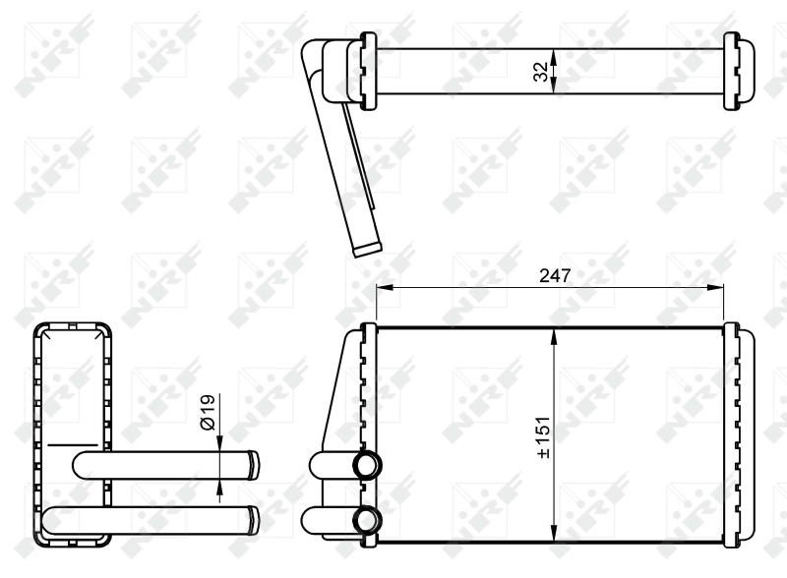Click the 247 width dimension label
pyautogui.click(x=555, y=275)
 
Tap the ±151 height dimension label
pyautogui.click(x=543, y=437)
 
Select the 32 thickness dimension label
pyautogui.click(x=540, y=72)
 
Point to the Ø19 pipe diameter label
pyautogui.click(x=208, y=413)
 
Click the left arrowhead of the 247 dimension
pyautogui.click(x=384, y=287)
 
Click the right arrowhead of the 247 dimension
pyautogui.click(x=716, y=287)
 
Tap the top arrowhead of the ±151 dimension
pyautogui.click(x=554, y=336)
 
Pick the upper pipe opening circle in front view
pyautogui.click(x=367, y=465)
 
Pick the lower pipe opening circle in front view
pyautogui.click(x=367, y=520)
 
